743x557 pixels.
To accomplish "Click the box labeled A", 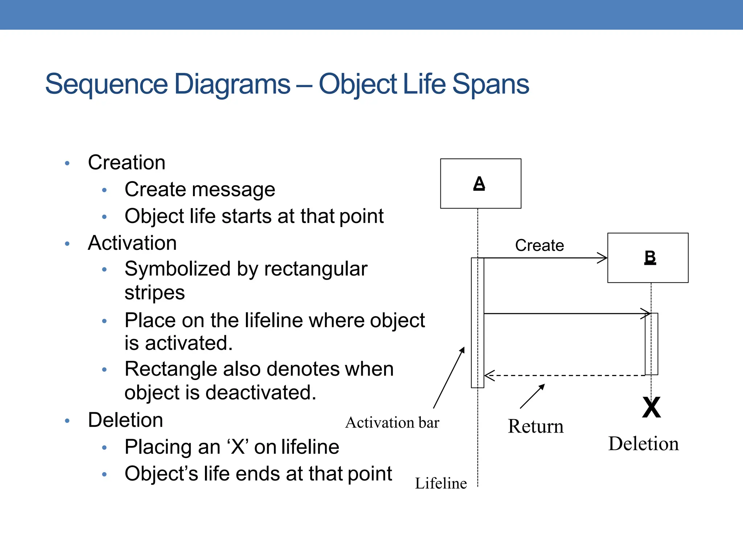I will point(480,183).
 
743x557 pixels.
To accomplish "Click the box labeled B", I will point(648,258).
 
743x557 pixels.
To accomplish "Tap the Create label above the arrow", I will point(539,246).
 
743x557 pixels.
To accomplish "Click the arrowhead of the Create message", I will point(603,258).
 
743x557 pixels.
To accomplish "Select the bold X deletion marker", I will point(651,407).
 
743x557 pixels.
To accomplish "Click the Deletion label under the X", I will point(643,443).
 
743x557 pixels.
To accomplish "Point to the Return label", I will point(535,426).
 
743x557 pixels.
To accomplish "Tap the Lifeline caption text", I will point(440,483).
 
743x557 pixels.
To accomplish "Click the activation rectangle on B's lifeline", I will point(651,344).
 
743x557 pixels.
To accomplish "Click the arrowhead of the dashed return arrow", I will point(488,375).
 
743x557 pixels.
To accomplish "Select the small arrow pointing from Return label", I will point(532,396).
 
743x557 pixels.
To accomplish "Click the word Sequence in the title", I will point(106,84).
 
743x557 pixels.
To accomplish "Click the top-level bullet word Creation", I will point(126,162).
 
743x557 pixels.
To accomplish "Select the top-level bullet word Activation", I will point(132,243).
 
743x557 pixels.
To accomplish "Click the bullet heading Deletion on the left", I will point(125,420).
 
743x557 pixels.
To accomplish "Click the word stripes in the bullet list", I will point(155,293).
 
